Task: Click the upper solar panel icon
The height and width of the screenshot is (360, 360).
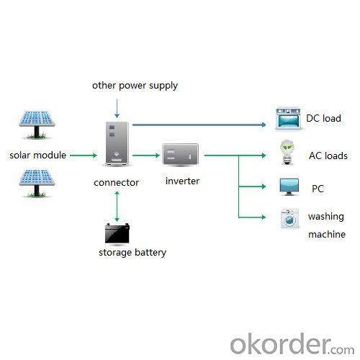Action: click(x=37, y=125)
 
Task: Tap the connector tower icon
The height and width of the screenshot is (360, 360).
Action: click(x=117, y=144)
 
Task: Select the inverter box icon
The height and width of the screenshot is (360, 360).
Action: click(x=181, y=154)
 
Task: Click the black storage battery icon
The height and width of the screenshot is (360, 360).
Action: click(x=117, y=233)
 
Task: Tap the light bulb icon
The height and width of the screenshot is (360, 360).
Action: click(x=287, y=153)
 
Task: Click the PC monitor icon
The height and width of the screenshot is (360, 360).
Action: click(x=289, y=187)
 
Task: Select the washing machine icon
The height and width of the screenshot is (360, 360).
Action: click(x=290, y=219)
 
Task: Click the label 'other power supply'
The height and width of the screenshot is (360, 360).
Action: click(x=135, y=86)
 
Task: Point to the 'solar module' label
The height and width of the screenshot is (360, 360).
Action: click(x=38, y=155)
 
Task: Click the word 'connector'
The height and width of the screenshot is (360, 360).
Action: click(x=117, y=183)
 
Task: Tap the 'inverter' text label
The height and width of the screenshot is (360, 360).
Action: click(x=182, y=181)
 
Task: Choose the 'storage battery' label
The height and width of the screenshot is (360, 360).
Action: click(x=132, y=253)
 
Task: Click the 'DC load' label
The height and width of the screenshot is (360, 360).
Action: click(x=323, y=118)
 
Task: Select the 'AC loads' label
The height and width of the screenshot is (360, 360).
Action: click(x=328, y=156)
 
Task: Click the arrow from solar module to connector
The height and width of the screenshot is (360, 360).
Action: click(x=84, y=156)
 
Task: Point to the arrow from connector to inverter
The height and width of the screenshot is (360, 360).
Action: click(x=146, y=156)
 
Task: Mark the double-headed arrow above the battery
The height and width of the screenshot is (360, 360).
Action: click(x=117, y=207)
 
